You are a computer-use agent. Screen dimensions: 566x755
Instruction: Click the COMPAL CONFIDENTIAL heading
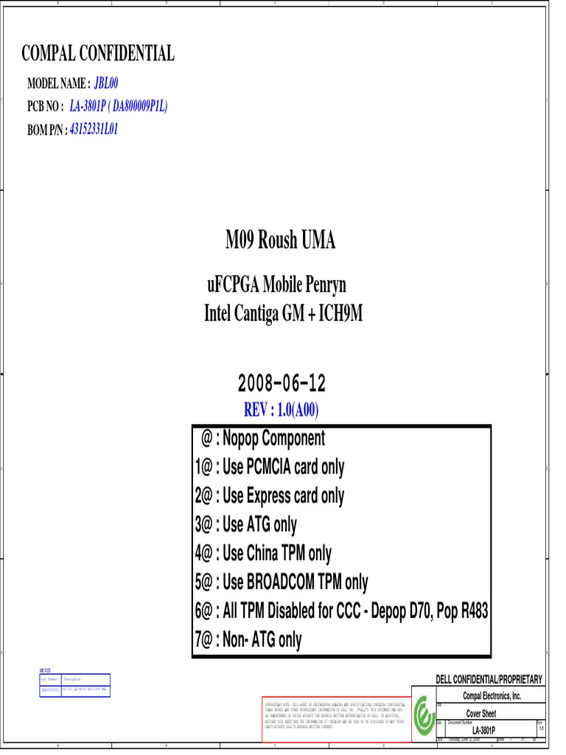click(x=98, y=53)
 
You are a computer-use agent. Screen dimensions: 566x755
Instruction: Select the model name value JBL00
click(x=106, y=83)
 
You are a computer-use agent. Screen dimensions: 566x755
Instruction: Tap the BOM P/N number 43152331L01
click(x=94, y=129)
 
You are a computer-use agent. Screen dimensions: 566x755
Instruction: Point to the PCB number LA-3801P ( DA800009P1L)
click(x=119, y=106)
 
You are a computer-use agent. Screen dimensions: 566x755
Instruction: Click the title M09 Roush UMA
click(x=280, y=240)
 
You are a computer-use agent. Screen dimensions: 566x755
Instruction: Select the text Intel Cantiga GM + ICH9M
click(x=283, y=315)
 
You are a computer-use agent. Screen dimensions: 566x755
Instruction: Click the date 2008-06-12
click(x=282, y=383)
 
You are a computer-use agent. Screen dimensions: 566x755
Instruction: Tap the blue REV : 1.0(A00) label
click(x=281, y=410)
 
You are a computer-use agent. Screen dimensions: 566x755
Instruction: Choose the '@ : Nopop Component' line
click(x=263, y=439)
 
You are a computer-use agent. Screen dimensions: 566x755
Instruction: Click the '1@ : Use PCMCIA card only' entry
click(x=270, y=467)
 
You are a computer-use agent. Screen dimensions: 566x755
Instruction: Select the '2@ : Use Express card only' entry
click(x=270, y=496)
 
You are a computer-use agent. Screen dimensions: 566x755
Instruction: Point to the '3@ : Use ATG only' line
click(x=246, y=525)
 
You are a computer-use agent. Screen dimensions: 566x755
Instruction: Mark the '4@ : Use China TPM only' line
click(x=263, y=554)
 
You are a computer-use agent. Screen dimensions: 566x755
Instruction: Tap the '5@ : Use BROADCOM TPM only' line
click(x=282, y=582)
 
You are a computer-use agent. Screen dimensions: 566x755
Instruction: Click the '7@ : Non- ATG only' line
click(x=248, y=640)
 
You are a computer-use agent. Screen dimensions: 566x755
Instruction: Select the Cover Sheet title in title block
click(x=481, y=714)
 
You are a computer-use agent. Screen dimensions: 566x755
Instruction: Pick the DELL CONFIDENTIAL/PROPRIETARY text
click(x=489, y=679)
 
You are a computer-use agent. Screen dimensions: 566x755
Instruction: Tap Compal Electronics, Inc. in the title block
click(x=492, y=696)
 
